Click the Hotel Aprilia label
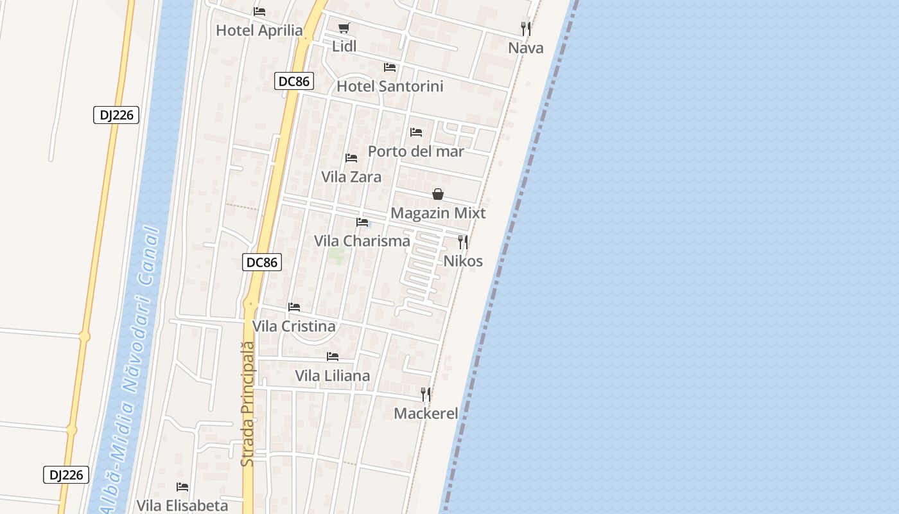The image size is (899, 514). (259, 30)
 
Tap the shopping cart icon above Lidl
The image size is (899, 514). (344, 28)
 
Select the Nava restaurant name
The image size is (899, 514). (525, 48)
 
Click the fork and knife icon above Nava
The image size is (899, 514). (525, 29)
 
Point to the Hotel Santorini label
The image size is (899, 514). (390, 86)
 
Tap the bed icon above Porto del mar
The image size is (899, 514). (416, 132)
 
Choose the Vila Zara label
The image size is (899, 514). (351, 177)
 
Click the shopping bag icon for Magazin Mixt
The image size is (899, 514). (438, 194)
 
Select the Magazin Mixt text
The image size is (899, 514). (438, 213)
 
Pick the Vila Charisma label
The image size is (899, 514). (362, 241)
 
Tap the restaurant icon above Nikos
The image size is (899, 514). (462, 242)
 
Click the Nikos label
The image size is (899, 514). (463, 261)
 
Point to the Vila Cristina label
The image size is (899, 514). (293, 326)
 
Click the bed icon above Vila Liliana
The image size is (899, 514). (333, 357)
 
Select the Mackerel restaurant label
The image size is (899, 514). (426, 413)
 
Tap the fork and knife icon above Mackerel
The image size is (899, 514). (426, 394)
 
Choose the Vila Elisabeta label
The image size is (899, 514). (182, 506)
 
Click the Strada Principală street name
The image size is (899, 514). (248, 403)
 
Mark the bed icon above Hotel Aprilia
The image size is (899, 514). (259, 12)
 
